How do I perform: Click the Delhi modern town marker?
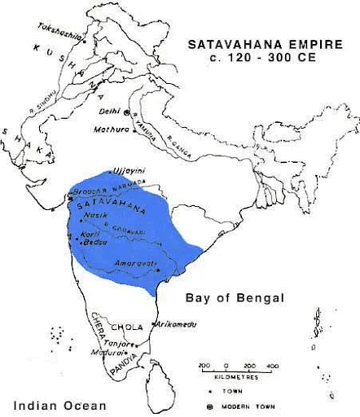pyautogui.click(x=129, y=112)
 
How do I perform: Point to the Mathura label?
pyautogui.click(x=110, y=127)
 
